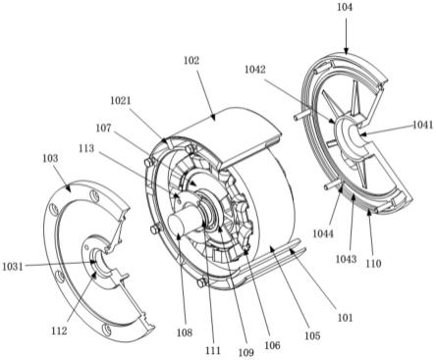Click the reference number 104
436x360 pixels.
point(345,7)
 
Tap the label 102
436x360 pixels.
point(191,61)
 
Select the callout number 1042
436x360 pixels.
point(254,70)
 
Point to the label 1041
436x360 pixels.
point(422,125)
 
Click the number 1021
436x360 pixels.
point(120,101)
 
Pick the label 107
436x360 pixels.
point(103,128)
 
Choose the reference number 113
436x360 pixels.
point(86,148)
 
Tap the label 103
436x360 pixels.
point(50,159)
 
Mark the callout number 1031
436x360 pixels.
point(13,267)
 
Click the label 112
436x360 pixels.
point(59,331)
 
